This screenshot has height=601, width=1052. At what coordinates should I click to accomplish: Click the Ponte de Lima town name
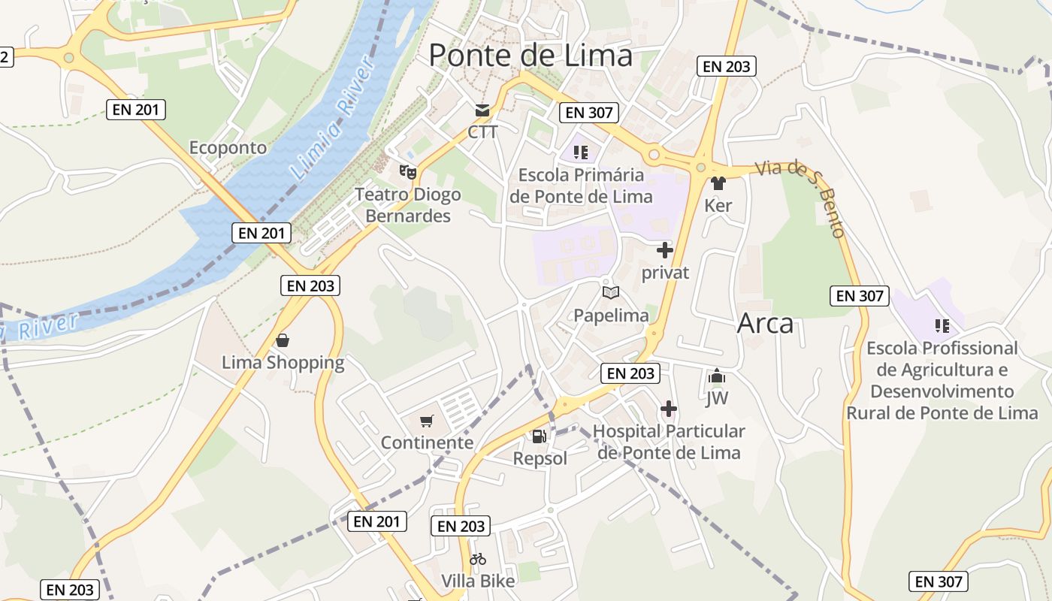pyautogui.click(x=531, y=56)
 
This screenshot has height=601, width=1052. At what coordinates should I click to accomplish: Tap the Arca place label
pyautogui.click(x=765, y=323)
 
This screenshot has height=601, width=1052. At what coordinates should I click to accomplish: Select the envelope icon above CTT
pyautogui.click(x=482, y=111)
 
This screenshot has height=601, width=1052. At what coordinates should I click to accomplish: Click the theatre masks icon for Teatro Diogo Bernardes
pyautogui.click(x=407, y=171)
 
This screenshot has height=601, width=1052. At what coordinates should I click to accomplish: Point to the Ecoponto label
pyautogui.click(x=228, y=147)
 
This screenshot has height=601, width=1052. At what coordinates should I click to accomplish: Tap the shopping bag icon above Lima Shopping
pyautogui.click(x=283, y=340)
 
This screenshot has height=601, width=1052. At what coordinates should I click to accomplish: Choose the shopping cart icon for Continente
pyautogui.click(x=427, y=421)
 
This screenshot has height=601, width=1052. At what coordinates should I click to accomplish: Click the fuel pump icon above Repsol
pyautogui.click(x=539, y=436)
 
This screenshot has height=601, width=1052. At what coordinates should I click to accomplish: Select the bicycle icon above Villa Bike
pyautogui.click(x=478, y=559)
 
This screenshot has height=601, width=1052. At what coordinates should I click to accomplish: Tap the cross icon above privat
pyautogui.click(x=664, y=250)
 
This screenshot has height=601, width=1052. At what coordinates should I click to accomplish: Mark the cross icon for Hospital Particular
pyautogui.click(x=668, y=409)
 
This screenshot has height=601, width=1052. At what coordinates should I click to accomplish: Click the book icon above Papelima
pyautogui.click(x=610, y=293)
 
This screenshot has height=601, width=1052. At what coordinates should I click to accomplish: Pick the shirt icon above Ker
pyautogui.click(x=718, y=183)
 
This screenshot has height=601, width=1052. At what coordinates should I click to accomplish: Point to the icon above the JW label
pyautogui.click(x=717, y=376)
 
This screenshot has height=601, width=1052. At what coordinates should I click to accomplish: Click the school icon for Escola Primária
pyautogui.click(x=580, y=153)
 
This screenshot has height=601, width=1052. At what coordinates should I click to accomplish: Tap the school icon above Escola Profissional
pyautogui.click(x=942, y=326)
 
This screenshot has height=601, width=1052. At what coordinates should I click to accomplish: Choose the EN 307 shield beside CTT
pyautogui.click(x=588, y=113)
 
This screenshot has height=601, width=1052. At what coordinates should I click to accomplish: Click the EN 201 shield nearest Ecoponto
pyautogui.click(x=135, y=110)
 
